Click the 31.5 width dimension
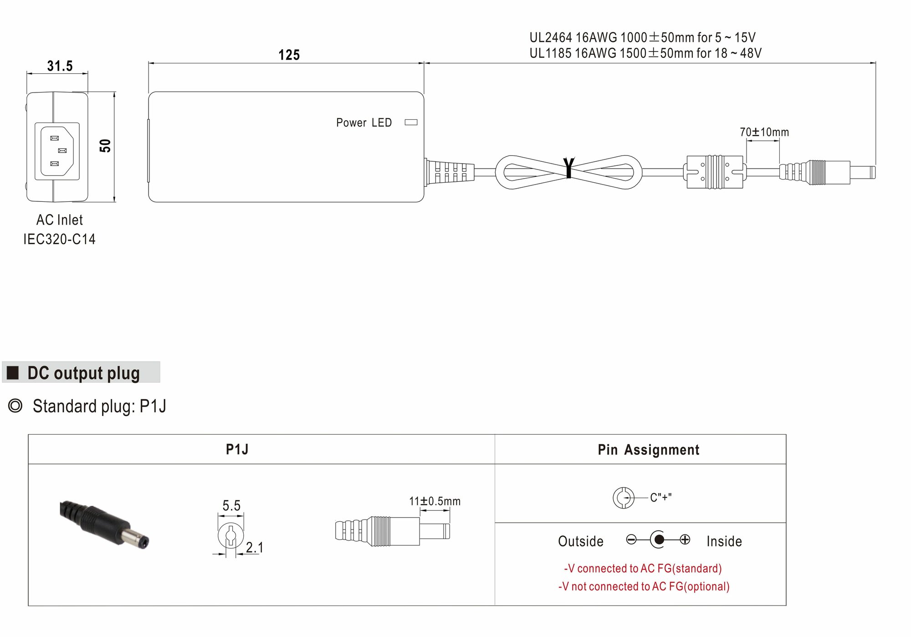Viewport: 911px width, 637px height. [x=60, y=66]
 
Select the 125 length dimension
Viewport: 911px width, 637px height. [x=289, y=55]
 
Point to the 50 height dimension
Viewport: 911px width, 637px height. [x=105, y=146]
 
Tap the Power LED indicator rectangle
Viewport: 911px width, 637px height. [x=411, y=122]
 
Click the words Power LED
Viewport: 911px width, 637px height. [x=363, y=123]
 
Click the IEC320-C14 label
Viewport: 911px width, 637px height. [x=59, y=239]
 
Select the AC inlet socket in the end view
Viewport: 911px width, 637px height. [x=57, y=151]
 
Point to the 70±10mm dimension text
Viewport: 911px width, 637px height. [x=764, y=132]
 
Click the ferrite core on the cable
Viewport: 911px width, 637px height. [x=714, y=172]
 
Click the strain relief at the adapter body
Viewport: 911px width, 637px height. [x=449, y=172]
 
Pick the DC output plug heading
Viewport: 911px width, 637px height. [x=83, y=373]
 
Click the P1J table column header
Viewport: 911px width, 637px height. [x=237, y=449]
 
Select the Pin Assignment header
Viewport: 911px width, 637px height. [x=648, y=450]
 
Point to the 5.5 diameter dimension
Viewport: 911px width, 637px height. [x=231, y=505]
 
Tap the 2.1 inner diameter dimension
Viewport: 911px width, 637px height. [x=254, y=547]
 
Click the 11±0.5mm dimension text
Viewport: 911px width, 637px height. [x=435, y=501]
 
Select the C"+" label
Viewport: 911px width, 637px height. [x=660, y=498]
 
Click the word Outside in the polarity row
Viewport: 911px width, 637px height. [x=580, y=541]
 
